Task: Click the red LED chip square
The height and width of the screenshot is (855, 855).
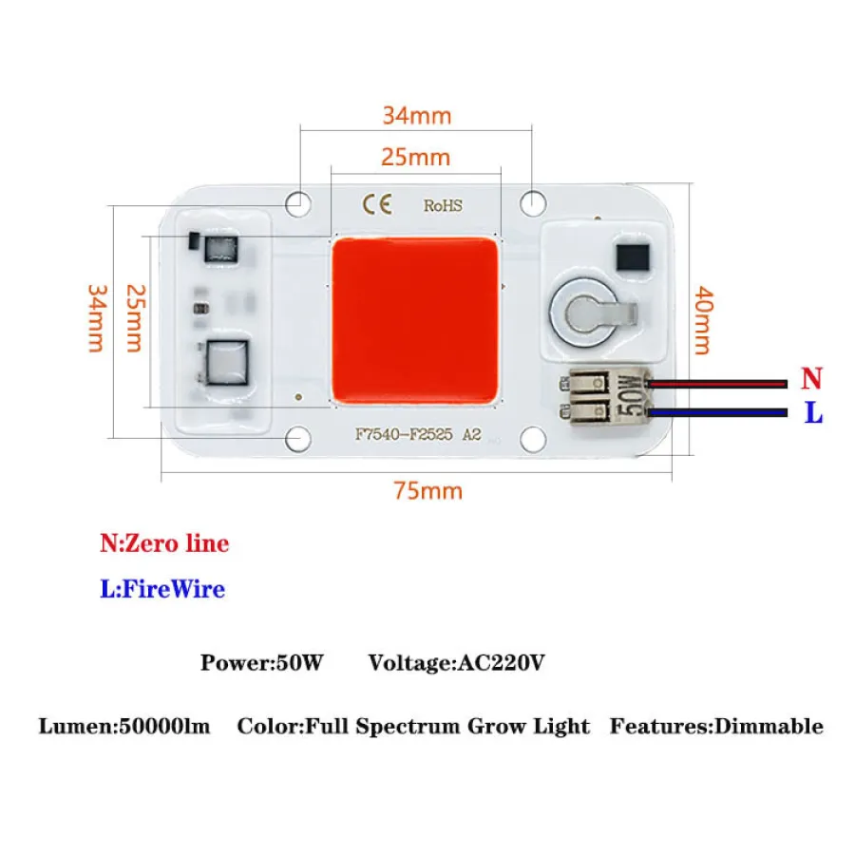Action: [x=416, y=320]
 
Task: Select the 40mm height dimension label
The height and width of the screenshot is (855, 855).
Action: [x=701, y=319]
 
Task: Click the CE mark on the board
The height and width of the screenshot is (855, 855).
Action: [x=370, y=204]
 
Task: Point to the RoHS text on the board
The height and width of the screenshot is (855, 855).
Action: [x=443, y=205]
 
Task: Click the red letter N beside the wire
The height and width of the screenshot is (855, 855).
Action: [x=810, y=379]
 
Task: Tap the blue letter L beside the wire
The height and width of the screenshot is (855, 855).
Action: [x=813, y=414]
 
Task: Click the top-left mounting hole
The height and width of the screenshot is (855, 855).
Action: [x=299, y=201]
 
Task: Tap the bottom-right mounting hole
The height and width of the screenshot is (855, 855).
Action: [x=533, y=437]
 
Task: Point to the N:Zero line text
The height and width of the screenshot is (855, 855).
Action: [x=164, y=543]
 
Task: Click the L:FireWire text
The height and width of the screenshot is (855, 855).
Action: [x=162, y=589]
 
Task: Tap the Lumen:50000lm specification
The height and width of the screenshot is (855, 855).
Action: [x=123, y=727]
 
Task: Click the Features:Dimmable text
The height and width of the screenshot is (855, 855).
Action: [x=716, y=727]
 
